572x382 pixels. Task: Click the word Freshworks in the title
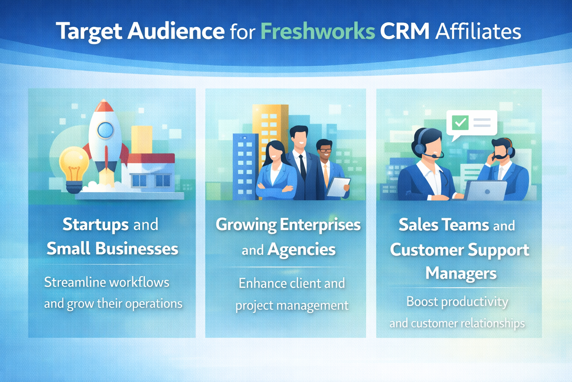point(318,31)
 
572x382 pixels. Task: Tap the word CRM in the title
point(404,31)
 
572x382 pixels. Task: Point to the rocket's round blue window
point(105,130)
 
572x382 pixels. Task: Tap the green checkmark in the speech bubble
point(460,122)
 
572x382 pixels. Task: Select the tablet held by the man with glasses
point(338,187)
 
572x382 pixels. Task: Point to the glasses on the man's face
point(325,151)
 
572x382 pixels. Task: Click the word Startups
point(96,225)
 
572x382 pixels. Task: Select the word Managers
point(461,273)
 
